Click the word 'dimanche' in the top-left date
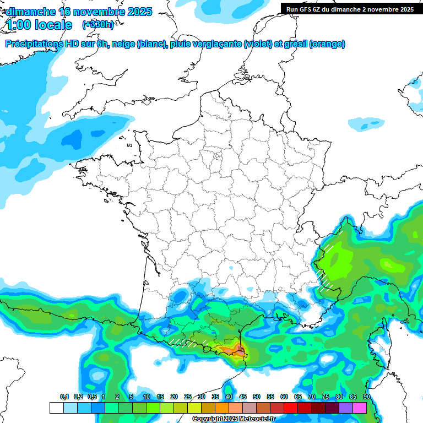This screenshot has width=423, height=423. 30,12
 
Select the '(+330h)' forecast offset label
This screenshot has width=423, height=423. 98,25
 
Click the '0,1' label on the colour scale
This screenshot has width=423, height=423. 64,397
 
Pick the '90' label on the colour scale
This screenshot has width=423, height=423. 366,397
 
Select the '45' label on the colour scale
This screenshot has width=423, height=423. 243,397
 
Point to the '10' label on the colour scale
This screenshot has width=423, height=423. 147,397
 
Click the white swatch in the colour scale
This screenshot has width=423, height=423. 56,408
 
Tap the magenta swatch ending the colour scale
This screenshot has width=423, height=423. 360,408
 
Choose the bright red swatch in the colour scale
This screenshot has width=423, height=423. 291,408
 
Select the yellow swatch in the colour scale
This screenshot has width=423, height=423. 194,408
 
